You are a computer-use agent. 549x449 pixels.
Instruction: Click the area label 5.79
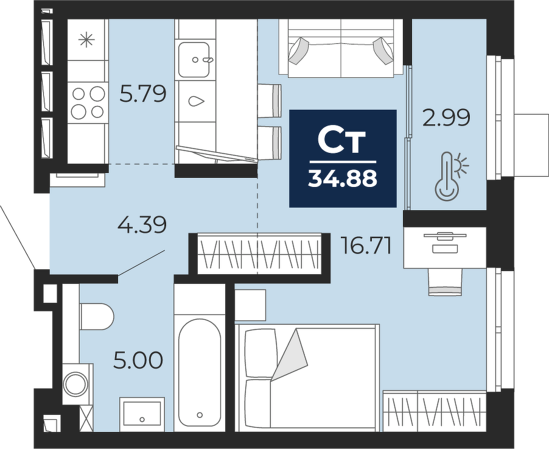pyautogui.click(x=142, y=94)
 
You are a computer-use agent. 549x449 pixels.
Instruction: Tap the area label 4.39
pyautogui.click(x=142, y=225)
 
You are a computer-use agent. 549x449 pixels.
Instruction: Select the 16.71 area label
pyautogui.click(x=366, y=246)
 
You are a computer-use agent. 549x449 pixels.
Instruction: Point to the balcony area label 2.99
pyautogui.click(x=446, y=118)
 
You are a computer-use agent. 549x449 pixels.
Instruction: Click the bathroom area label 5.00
pyautogui.click(x=138, y=360)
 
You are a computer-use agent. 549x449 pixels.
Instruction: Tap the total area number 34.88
pyautogui.click(x=343, y=179)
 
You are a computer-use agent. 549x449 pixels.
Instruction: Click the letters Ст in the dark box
pyautogui.click(x=341, y=141)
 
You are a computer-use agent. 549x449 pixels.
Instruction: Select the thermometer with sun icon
pyautogui.click(x=450, y=175)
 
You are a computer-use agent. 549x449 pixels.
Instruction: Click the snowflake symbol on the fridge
pyautogui.click(x=86, y=40)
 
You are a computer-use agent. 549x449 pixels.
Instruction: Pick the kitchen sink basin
pyautogui.click(x=194, y=60)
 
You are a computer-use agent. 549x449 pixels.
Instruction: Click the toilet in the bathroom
pyautogui.click(x=96, y=317)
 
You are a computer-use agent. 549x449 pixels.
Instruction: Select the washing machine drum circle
pyautogui.click(x=74, y=383)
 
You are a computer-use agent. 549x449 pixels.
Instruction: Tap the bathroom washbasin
pyautogui.click(x=142, y=414)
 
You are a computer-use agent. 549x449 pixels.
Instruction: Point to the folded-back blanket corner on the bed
pyautogui.click(x=289, y=354)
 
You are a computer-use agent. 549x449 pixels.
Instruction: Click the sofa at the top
pyautogui.click(x=341, y=48)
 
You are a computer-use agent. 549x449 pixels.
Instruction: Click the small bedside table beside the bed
pyautogui.click(x=250, y=305)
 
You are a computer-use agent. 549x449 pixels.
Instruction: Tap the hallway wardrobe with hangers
pyautogui.click(x=259, y=253)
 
